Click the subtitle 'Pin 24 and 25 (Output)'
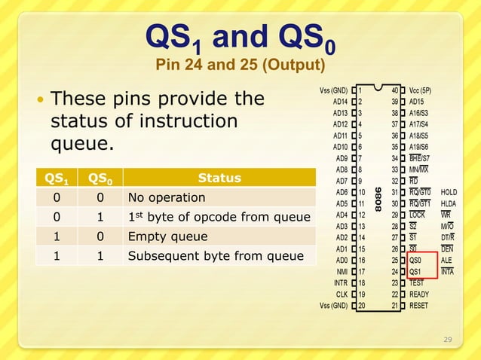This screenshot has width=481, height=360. [x=240, y=66]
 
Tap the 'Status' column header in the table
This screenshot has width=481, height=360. [x=219, y=178]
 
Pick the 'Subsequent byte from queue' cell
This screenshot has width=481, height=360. [x=215, y=257]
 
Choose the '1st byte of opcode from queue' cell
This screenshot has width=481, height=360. [x=219, y=218]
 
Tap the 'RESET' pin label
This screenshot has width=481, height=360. [x=420, y=306]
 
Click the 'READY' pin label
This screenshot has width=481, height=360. [x=419, y=294]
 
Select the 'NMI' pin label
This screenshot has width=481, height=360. [x=341, y=272]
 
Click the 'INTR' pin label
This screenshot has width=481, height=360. [x=340, y=283]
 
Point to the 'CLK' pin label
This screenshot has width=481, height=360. [x=341, y=294]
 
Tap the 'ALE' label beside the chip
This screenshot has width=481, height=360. [x=447, y=261]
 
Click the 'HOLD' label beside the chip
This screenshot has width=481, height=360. [x=449, y=193]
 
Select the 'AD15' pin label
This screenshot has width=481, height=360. [x=419, y=102]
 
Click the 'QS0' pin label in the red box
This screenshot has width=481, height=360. [x=416, y=261]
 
